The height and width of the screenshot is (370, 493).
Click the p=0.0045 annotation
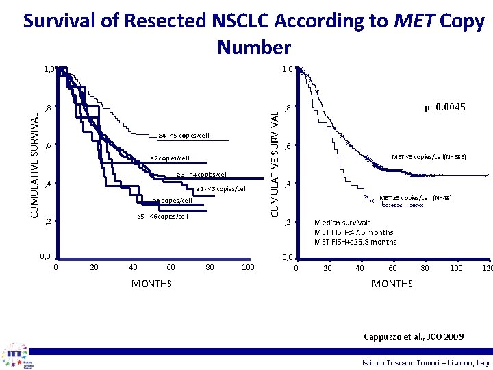445,108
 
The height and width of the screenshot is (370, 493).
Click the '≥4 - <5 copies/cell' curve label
184,134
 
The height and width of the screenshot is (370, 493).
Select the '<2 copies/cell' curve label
168,158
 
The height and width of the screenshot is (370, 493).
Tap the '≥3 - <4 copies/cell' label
202,174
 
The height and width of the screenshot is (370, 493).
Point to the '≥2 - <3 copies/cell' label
221,188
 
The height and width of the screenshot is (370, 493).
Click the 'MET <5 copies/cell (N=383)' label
429,157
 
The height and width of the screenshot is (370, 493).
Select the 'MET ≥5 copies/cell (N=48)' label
415,199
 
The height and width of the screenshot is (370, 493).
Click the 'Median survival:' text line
342,223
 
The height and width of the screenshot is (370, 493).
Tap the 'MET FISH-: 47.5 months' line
353,232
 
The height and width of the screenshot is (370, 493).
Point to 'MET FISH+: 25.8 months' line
355,242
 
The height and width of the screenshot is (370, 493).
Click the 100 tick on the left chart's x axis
248,267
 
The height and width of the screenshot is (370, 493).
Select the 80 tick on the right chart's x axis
424,267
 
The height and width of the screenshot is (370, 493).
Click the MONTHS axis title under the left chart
151,284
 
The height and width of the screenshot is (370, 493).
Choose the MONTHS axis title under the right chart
392,284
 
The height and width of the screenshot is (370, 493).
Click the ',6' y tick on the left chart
47,145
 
